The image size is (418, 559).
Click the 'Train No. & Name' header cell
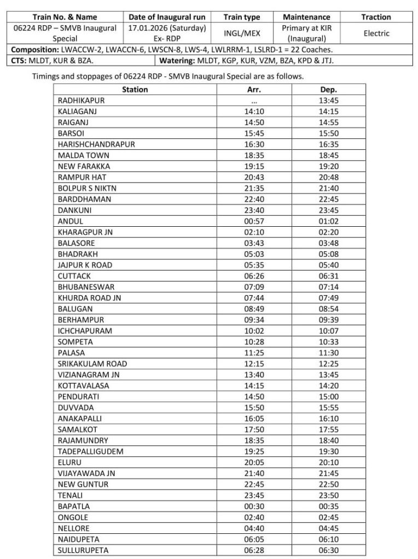point(65,17)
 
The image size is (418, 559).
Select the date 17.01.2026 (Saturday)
point(166,27)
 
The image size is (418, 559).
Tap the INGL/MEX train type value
point(242,33)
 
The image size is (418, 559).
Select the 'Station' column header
point(135,89)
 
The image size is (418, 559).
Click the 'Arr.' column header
point(254,89)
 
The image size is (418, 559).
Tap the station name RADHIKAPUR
point(81,101)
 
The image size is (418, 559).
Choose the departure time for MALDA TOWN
point(328,155)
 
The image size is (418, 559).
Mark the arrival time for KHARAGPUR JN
point(254,232)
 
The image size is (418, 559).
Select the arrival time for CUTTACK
point(254,276)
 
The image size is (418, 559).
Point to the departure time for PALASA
point(328,352)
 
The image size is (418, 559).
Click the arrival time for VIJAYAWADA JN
point(254,473)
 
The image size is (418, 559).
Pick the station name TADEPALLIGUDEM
point(90,451)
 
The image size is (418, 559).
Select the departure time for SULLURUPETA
point(328,550)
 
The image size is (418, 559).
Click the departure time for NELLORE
point(328,528)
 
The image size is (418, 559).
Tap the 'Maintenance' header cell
point(306,17)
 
